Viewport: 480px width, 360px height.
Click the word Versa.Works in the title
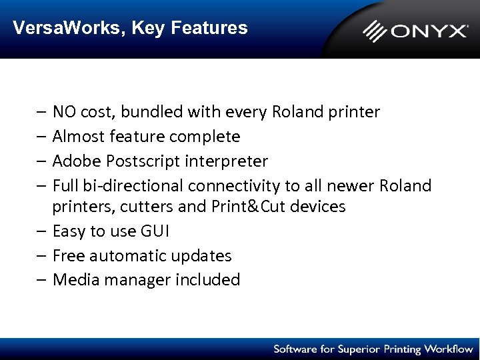tap(68, 28)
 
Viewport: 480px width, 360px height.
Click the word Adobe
tap(75, 161)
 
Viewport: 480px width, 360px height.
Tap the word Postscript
tap(137, 161)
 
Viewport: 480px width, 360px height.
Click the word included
tap(207, 280)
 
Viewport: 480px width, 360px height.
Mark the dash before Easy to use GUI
tap(42, 231)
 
